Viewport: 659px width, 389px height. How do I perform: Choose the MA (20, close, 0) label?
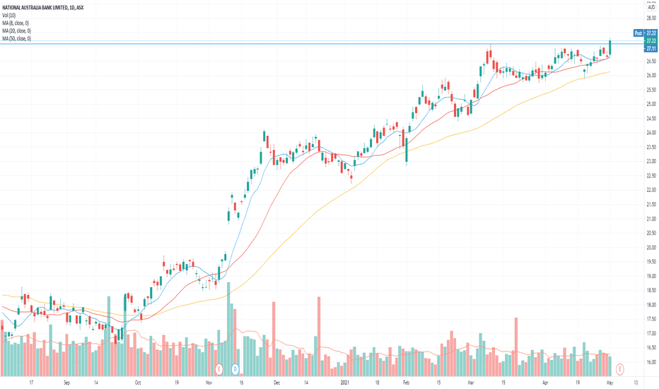coord(18,31)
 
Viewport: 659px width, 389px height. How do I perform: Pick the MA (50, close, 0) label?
coord(18,38)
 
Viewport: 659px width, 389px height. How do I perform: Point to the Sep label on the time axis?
coord(66,382)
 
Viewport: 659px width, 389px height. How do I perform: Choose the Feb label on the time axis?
coord(405,382)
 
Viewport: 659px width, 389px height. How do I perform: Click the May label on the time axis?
coord(610,382)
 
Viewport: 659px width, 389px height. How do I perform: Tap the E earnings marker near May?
coord(620,368)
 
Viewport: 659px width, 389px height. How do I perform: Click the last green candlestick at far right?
coord(610,48)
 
